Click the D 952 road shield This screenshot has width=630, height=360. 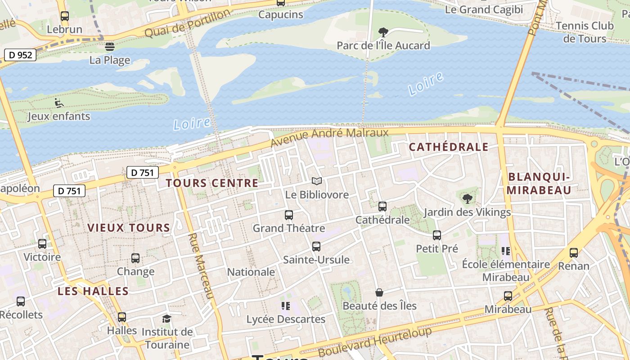click(x=20, y=55)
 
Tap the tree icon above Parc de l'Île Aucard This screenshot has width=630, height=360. click(x=383, y=32)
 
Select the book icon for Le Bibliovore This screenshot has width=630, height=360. click(x=317, y=181)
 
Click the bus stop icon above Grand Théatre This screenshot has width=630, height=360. click(x=289, y=215)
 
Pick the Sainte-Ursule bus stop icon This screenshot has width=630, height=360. click(x=316, y=247)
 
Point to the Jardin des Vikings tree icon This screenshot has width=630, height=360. click(x=468, y=198)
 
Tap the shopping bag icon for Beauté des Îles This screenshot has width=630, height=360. click(x=379, y=292)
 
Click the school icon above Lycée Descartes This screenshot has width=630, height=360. click(x=285, y=306)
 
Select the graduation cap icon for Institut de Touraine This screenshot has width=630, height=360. click(x=167, y=319)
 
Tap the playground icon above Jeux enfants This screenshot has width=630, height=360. click(x=58, y=103)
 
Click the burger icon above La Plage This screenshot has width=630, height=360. click(x=109, y=46)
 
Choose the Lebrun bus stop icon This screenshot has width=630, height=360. click(x=65, y=16)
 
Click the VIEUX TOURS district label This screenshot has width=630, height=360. click(x=129, y=228)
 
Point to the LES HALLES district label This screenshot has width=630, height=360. click(x=93, y=291)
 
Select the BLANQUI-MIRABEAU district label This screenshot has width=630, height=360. click(x=539, y=183)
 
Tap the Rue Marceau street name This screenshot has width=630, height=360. click(x=200, y=266)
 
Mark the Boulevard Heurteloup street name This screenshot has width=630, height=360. click(x=375, y=342)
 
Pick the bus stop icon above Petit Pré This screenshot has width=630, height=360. click(x=436, y=235)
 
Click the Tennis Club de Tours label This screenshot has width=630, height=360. click(x=585, y=31)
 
